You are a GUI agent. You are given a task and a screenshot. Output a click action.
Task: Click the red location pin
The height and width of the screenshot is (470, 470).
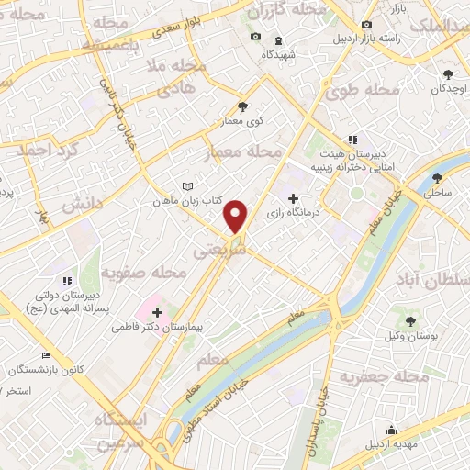click(x=237, y=217)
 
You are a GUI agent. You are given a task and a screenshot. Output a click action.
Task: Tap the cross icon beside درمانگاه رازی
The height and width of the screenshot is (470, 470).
click(x=293, y=198)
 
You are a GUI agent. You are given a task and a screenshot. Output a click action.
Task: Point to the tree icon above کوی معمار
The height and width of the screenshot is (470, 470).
click(x=242, y=106)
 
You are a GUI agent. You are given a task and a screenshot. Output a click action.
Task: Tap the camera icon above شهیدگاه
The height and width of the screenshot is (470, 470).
click(x=255, y=38)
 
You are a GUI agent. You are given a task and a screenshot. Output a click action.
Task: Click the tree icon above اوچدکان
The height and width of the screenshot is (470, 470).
click(x=448, y=73)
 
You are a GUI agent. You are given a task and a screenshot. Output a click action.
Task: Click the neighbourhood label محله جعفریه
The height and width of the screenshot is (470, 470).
click(x=385, y=376)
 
